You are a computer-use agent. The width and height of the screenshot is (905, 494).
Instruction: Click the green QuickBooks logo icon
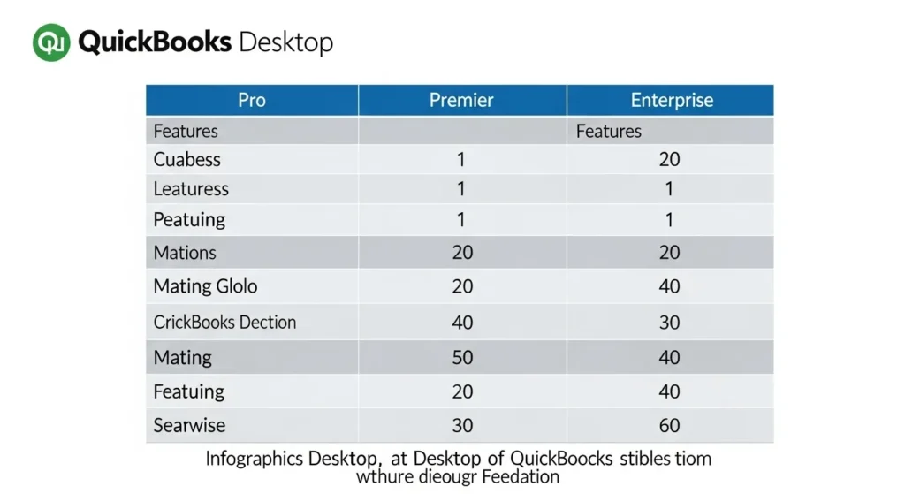pyautogui.click(x=51, y=42)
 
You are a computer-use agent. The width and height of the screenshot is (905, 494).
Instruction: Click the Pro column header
pyautogui.click(x=252, y=100)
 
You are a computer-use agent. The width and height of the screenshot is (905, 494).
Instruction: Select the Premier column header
pyautogui.click(x=461, y=100)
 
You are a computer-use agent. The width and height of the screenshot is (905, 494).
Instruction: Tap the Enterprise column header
pyautogui.click(x=672, y=100)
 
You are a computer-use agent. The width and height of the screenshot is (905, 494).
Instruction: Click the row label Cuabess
pyautogui.click(x=186, y=160)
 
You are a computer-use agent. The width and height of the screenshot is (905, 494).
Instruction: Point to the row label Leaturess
pyautogui.click(x=191, y=189)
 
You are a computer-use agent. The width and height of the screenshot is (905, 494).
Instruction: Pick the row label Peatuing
pyautogui.click(x=189, y=219)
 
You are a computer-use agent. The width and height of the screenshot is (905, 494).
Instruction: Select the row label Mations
pyautogui.click(x=185, y=253)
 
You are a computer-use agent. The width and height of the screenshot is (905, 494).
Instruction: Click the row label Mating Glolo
pyautogui.click(x=205, y=286)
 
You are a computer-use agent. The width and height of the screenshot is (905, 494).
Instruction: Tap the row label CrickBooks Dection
pyautogui.click(x=224, y=322)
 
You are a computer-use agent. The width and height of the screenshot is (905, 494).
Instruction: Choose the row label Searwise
pyautogui.click(x=189, y=425)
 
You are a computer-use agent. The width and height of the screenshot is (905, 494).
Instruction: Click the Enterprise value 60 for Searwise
pyautogui.click(x=669, y=425)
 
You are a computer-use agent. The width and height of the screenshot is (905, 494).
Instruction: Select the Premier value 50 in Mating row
pyautogui.click(x=462, y=358)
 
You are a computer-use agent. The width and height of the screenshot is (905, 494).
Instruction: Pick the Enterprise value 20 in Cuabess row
pyautogui.click(x=669, y=160)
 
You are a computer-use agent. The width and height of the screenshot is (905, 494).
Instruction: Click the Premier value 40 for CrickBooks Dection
pyautogui.click(x=462, y=322)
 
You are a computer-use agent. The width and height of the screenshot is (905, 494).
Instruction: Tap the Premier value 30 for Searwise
pyautogui.click(x=462, y=425)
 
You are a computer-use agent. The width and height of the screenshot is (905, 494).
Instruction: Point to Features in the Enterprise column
pyautogui.click(x=609, y=132)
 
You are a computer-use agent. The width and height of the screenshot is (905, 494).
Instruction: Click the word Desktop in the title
pyautogui.click(x=286, y=42)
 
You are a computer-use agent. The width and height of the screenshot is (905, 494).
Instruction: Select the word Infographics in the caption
pyautogui.click(x=254, y=460)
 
